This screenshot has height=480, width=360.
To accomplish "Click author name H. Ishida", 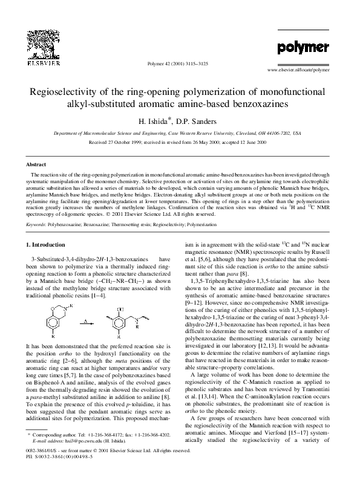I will [158, 120].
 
